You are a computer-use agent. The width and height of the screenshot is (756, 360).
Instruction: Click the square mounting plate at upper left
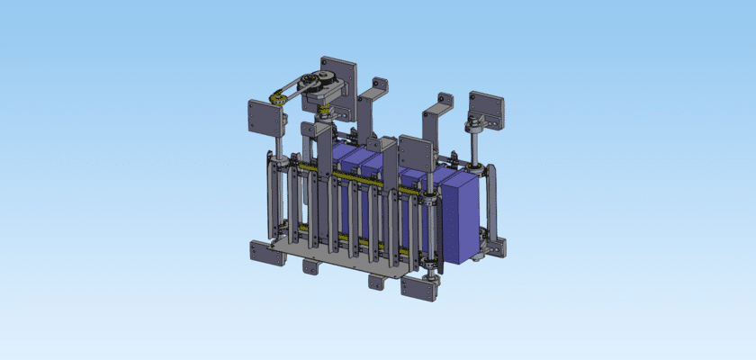[262, 117]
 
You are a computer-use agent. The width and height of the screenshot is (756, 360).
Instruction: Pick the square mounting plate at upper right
[487, 108]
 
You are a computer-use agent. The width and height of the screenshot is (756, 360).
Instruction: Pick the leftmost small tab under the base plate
[310, 266]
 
